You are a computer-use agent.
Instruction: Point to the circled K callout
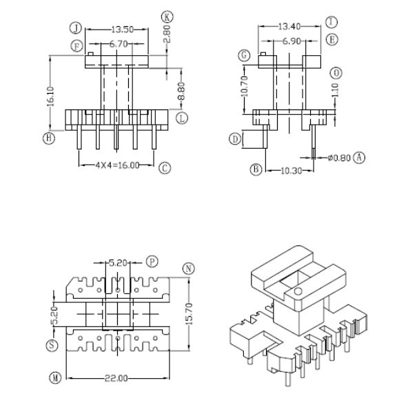point(166,16)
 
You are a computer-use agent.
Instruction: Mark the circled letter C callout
point(164,168)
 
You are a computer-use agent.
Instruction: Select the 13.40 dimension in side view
point(289,27)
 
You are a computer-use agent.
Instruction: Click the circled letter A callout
point(360,158)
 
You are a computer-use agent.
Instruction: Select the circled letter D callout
point(236,140)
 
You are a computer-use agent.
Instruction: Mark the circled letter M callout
point(55,377)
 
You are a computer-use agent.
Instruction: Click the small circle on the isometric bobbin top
point(298,293)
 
